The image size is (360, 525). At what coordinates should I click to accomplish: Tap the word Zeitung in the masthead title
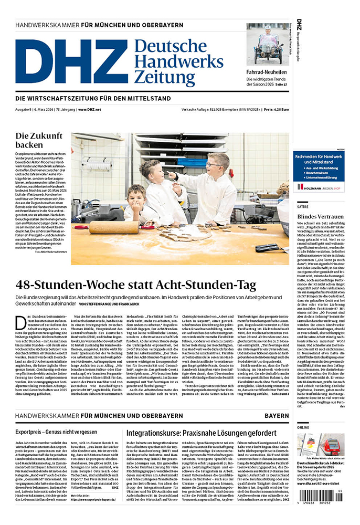pos(164,78)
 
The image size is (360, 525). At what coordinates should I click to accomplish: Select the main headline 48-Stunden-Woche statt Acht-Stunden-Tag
pos(135,286)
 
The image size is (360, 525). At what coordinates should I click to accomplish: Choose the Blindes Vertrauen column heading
pos(320,216)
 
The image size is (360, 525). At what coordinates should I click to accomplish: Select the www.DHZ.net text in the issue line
pos(90,110)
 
